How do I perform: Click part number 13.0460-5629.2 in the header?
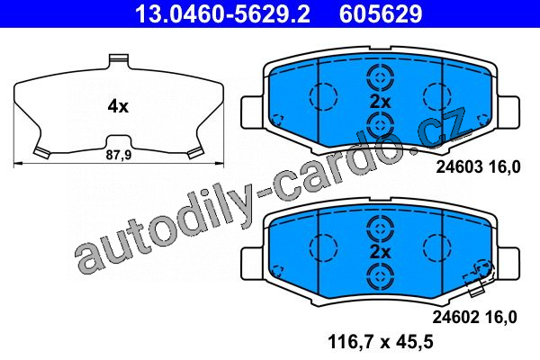(x=223, y=13)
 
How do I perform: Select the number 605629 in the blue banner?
(x=381, y=13)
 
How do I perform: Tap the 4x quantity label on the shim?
(x=118, y=106)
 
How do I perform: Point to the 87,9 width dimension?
(x=119, y=155)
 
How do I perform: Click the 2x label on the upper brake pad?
(x=380, y=102)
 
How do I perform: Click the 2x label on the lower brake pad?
(x=380, y=253)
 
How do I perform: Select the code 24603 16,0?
(x=479, y=167)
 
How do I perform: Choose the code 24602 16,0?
(x=474, y=318)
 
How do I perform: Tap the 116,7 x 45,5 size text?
(x=381, y=342)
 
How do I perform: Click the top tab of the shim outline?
(x=119, y=60)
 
